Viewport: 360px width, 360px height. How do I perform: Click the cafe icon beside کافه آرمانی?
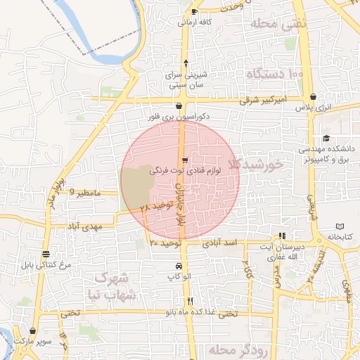pos(194,12)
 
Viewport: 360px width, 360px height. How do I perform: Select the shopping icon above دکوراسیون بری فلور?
pos(169,105)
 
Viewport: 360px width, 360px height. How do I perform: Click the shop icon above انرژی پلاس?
pos(313,96)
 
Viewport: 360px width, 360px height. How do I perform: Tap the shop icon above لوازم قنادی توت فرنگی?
pos(184,161)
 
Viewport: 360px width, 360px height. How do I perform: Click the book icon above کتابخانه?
pos(340,227)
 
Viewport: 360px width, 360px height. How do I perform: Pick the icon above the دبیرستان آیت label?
pos(282,236)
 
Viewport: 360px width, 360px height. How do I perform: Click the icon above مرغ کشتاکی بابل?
pos(46,254)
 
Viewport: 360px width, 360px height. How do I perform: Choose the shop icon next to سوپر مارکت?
pos(32,330)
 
